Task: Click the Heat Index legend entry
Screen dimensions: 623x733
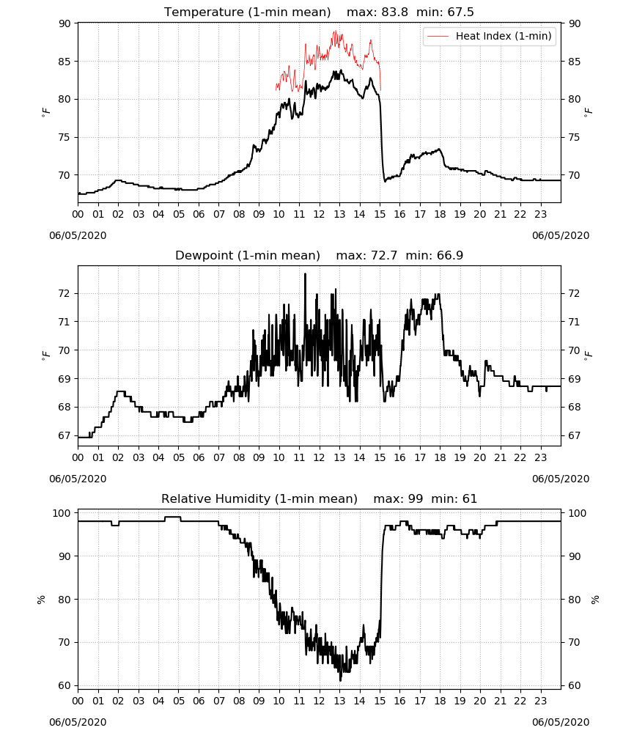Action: (490, 36)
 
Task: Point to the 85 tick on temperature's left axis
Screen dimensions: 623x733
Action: (65, 62)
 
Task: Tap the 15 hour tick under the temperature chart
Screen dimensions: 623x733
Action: (380, 214)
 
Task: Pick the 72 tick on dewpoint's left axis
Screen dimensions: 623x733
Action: (64, 294)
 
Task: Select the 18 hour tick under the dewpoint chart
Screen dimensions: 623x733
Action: (440, 457)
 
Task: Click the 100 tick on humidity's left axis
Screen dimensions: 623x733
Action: (62, 513)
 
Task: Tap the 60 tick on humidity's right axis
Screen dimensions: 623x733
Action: (575, 686)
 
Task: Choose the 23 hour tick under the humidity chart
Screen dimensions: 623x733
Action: (540, 701)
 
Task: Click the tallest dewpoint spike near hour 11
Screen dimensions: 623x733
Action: (305, 274)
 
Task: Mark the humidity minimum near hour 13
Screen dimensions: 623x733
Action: (340, 680)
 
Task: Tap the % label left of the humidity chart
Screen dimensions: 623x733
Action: (41, 600)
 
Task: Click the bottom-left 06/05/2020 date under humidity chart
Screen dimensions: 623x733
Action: (78, 722)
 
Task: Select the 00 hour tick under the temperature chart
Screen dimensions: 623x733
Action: (78, 214)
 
